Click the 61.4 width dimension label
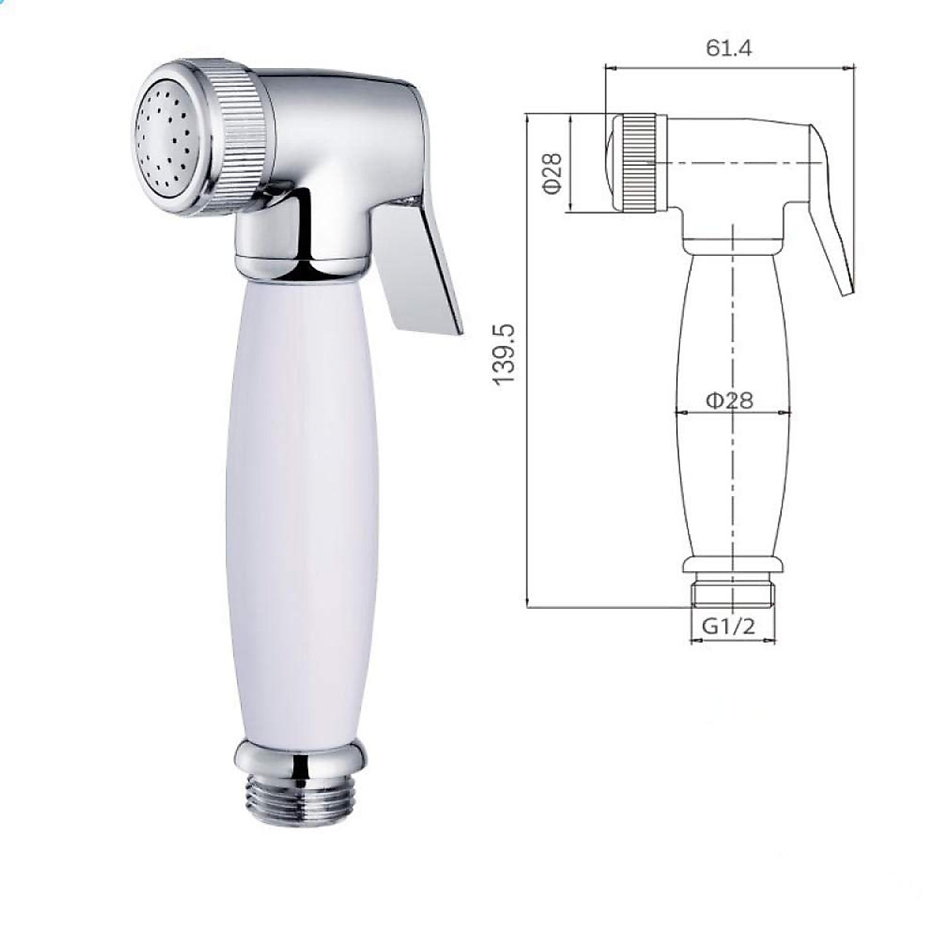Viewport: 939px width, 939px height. click(x=729, y=48)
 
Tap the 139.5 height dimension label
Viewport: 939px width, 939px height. click(x=504, y=354)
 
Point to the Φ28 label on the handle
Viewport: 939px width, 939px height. click(x=729, y=400)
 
